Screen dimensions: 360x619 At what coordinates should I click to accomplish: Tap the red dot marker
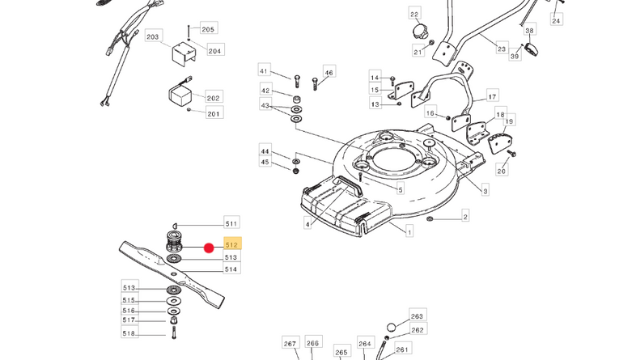coord(209,248)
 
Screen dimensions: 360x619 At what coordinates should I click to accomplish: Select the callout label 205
coord(208,29)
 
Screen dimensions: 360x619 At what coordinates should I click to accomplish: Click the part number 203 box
coord(152,37)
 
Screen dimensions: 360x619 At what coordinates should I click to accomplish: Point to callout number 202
coord(213,98)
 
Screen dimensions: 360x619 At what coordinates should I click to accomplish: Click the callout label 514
coord(231,269)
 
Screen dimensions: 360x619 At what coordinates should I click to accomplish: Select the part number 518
coord(129,333)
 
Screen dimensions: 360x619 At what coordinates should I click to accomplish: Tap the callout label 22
coord(414,15)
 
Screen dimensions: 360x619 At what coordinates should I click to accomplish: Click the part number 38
coord(530,31)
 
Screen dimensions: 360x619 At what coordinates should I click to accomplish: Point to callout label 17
coord(491,97)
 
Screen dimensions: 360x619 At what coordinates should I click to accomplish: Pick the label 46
coord(329,73)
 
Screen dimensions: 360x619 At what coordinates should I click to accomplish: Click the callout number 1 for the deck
coord(409,232)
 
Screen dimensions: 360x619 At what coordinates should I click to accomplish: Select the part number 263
coord(417,316)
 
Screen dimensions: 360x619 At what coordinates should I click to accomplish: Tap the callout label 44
coord(265,150)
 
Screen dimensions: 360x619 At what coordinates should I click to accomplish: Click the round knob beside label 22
coord(419,32)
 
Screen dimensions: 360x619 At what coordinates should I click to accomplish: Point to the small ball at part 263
coord(390,327)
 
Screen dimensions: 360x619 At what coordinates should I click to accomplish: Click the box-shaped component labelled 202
coord(180,93)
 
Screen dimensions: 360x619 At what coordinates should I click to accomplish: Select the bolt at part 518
coord(174,332)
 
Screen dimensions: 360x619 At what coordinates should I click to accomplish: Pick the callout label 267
coord(290,344)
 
